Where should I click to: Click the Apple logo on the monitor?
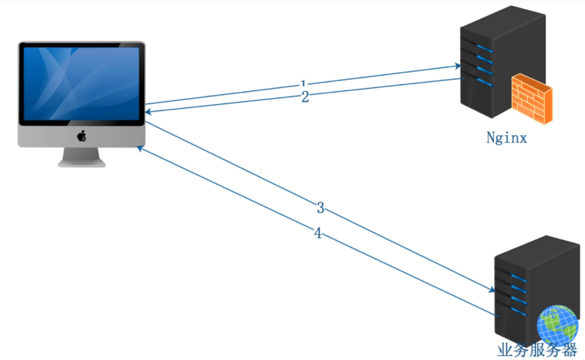82,136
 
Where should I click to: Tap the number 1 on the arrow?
303,83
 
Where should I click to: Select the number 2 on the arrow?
305,97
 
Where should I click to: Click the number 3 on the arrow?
320,208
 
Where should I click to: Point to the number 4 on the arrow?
318,233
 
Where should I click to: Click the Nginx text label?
506,138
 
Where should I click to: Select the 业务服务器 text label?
537,350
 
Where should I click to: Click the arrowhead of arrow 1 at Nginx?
458,66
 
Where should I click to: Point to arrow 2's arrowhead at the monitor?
148,112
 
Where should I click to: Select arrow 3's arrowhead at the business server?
492,290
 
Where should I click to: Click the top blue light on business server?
518,278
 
